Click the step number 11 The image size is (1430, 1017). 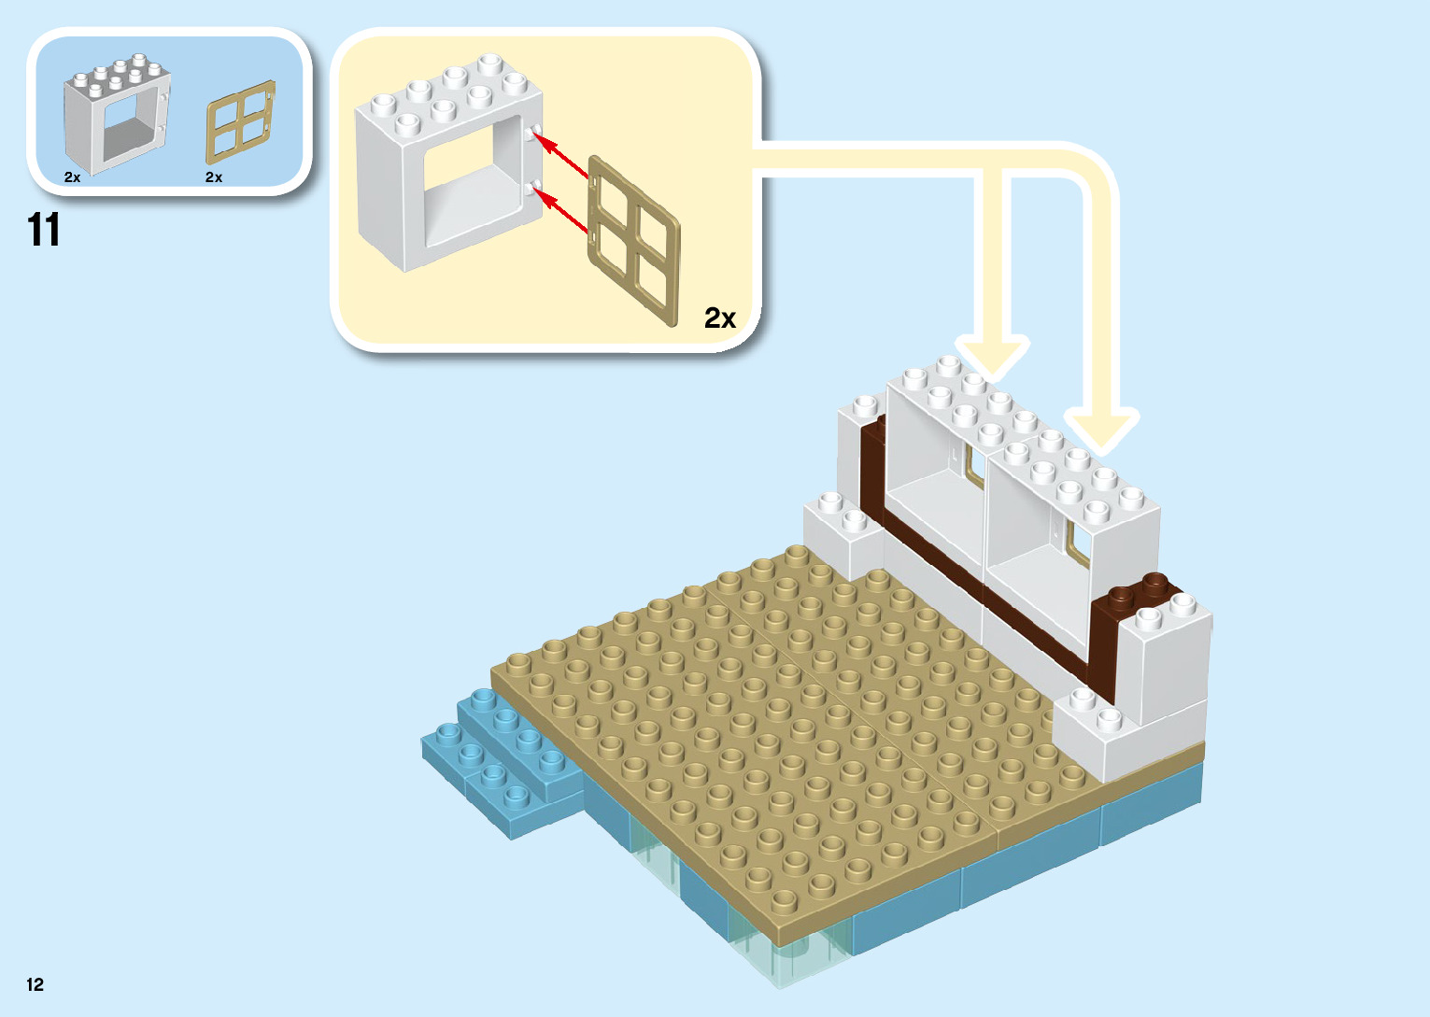pos(44,230)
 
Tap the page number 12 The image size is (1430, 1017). pos(35,984)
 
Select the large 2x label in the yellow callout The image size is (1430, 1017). pos(719,318)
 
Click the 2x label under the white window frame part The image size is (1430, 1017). pos(73,177)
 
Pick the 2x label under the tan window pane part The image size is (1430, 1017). pos(214,177)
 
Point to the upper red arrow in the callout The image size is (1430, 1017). pos(564,156)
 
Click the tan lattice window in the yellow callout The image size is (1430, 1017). pos(634,242)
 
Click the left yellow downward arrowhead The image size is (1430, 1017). pos(994,359)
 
